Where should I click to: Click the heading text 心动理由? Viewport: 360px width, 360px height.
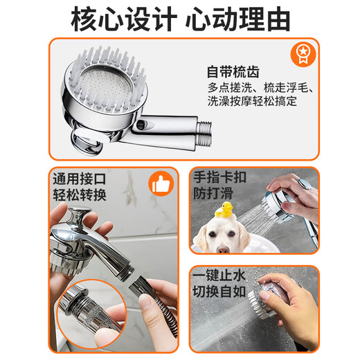(x=242, y=19)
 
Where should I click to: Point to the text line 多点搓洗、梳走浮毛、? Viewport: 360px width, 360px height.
(x=260, y=89)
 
